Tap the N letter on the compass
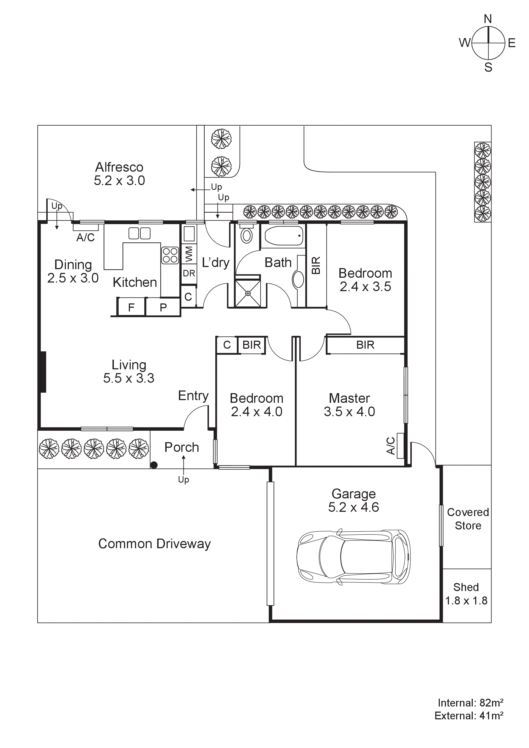point(488,19)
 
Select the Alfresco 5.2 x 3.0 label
point(119,174)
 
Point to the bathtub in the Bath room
point(284,236)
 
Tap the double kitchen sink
point(140,233)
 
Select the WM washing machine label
point(189,254)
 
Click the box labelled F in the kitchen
point(131,307)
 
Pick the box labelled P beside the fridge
point(163,307)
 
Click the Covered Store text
point(468,519)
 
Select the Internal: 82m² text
point(470,703)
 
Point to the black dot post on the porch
point(154,465)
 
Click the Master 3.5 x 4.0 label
point(349,405)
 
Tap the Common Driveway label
point(154,544)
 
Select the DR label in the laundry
point(189,273)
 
